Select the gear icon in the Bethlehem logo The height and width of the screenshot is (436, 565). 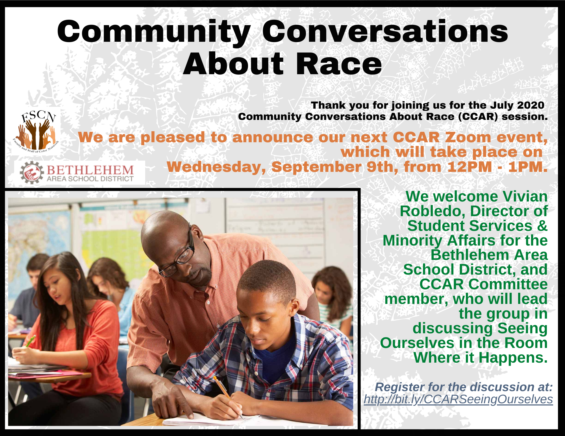pos(32,172)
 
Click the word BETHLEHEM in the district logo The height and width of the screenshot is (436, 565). pos(90,170)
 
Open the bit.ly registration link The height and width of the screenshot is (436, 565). pos(458,399)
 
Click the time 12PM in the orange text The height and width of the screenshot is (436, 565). pos(470,167)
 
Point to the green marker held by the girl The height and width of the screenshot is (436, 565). pos(30,341)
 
